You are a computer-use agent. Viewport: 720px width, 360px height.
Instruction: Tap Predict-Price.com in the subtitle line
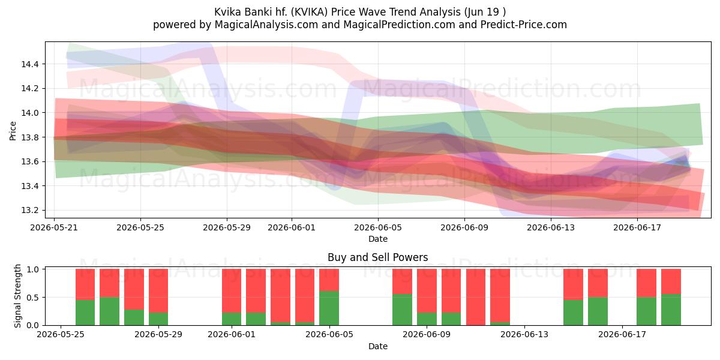(524, 25)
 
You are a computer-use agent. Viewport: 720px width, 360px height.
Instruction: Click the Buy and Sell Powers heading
(377, 257)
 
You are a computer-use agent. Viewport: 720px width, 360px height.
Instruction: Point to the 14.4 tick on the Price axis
(30, 64)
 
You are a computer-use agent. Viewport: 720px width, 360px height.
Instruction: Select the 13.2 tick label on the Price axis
(30, 211)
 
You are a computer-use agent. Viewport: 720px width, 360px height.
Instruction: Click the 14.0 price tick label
(30, 113)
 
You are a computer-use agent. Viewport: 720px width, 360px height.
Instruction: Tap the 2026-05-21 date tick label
(54, 227)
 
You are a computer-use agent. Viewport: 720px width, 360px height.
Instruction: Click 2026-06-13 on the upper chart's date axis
(551, 227)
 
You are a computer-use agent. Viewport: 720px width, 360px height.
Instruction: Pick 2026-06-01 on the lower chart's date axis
(232, 334)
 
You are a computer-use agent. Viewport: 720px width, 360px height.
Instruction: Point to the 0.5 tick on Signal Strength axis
(33, 298)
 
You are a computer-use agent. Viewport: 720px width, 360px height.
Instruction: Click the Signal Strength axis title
(17, 296)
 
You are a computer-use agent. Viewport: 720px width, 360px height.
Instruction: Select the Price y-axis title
(13, 131)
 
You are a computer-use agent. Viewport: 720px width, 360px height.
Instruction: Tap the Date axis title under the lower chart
(377, 346)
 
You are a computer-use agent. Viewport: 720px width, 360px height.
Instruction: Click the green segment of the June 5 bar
(329, 308)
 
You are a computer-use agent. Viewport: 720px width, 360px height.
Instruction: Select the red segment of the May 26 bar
(85, 284)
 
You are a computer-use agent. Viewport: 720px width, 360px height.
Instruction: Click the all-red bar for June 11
(476, 297)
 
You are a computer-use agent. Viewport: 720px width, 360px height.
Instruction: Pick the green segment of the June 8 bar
(402, 310)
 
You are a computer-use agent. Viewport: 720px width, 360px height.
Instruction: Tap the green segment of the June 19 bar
(671, 310)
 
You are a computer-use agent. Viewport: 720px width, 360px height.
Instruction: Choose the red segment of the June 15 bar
(573, 284)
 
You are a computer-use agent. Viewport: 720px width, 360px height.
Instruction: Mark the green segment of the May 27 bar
(109, 311)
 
